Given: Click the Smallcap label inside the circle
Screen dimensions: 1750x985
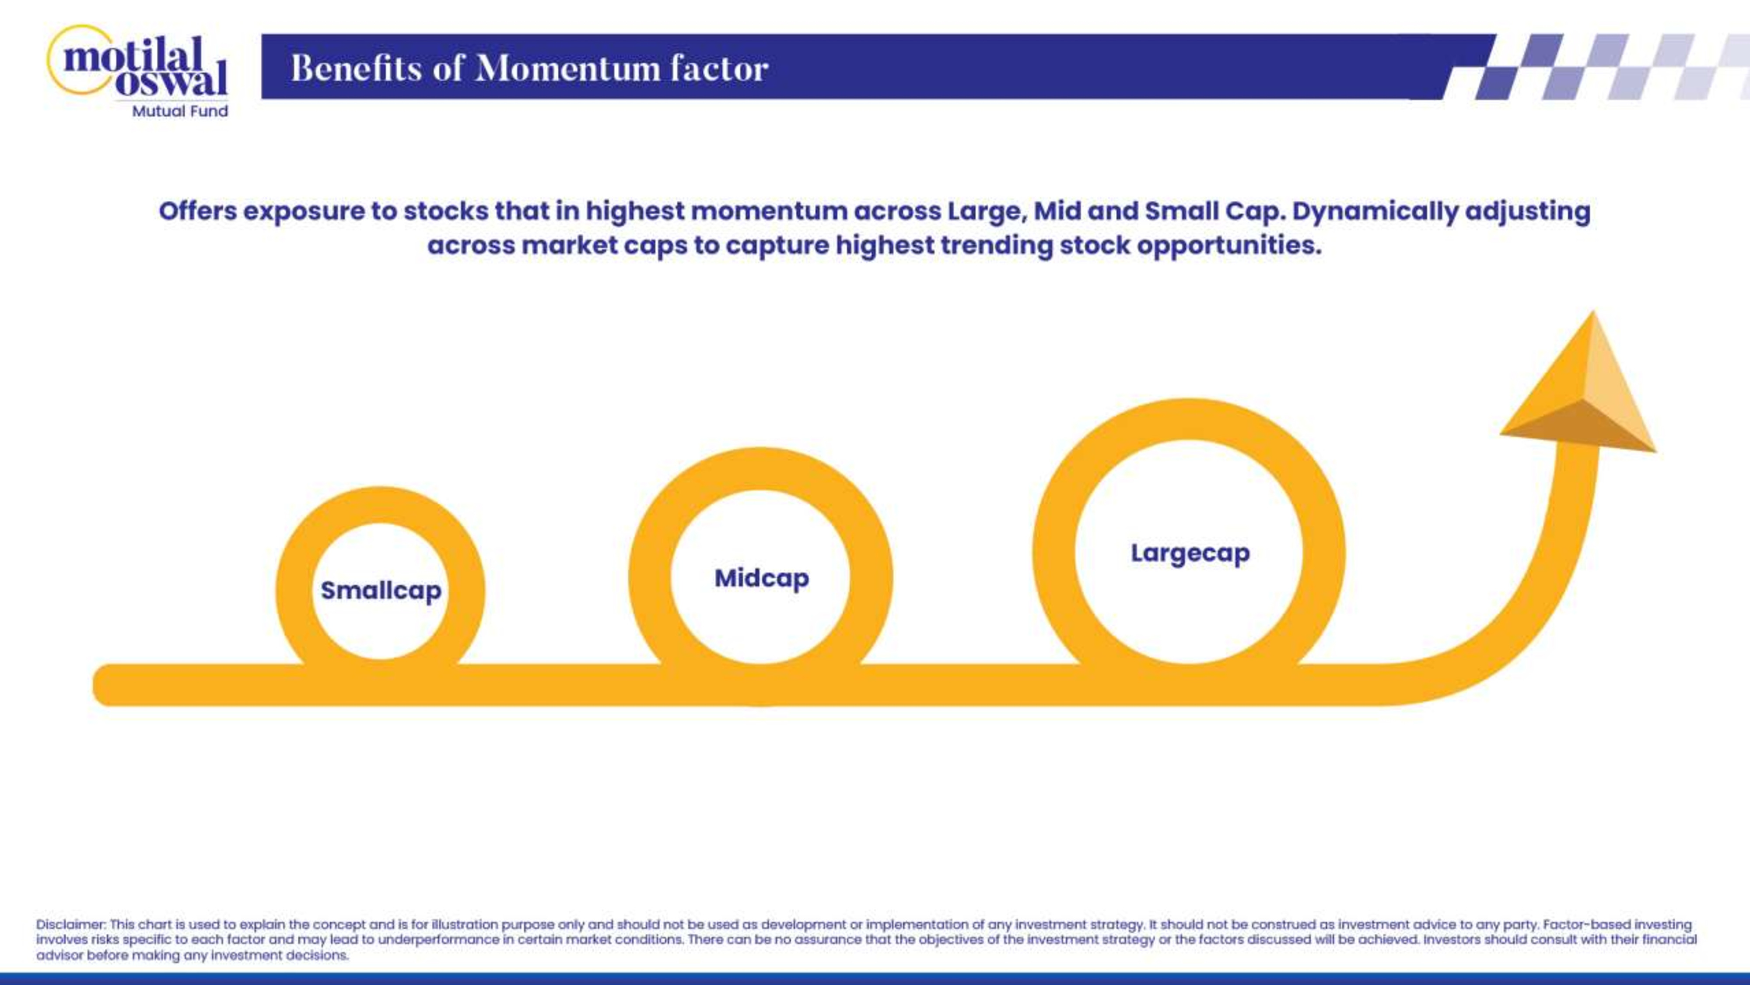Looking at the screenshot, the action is pos(381,591).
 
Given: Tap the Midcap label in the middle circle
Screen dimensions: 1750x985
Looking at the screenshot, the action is pos(762,578).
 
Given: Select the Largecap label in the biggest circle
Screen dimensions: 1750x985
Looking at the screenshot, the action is pos(1190,553).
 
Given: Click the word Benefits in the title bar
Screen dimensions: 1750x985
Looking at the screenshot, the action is pos(357,69).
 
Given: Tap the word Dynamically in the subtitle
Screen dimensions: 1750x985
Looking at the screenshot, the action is pos(1374,212).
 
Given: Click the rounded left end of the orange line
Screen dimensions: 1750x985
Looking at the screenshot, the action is pos(102,685).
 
